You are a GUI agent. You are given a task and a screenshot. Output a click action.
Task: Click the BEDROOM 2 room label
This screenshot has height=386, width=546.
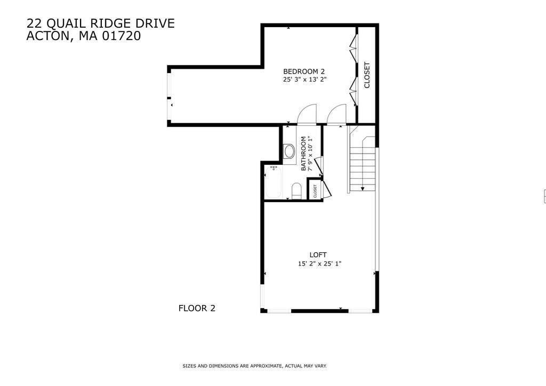(x=303, y=71)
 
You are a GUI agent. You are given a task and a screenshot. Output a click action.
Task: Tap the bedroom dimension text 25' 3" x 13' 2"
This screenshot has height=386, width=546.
(x=304, y=79)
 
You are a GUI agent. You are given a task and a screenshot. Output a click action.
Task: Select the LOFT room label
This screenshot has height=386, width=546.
(x=318, y=255)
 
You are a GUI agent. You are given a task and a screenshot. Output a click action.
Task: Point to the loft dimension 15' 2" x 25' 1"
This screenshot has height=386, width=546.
(x=319, y=263)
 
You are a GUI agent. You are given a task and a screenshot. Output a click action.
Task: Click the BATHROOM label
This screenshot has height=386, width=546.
(x=303, y=154)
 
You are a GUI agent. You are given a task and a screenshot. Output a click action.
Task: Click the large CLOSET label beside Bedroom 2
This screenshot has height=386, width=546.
(x=367, y=75)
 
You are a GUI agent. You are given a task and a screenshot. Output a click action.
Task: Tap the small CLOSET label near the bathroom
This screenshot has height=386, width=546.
(x=315, y=191)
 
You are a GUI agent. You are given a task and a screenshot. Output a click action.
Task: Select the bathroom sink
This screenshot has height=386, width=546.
(x=289, y=151)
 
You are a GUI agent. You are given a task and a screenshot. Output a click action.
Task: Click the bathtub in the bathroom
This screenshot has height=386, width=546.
(x=274, y=182)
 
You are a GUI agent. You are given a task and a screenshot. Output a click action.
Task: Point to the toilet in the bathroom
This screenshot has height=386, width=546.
(x=296, y=191)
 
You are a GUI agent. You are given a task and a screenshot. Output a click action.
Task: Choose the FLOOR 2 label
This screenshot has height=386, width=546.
(x=197, y=308)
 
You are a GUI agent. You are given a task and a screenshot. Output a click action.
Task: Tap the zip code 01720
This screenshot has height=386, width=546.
(x=122, y=36)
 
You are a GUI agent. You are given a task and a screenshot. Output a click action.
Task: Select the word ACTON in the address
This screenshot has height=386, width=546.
(x=47, y=36)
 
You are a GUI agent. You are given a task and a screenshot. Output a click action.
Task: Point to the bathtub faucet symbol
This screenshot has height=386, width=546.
(x=274, y=168)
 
